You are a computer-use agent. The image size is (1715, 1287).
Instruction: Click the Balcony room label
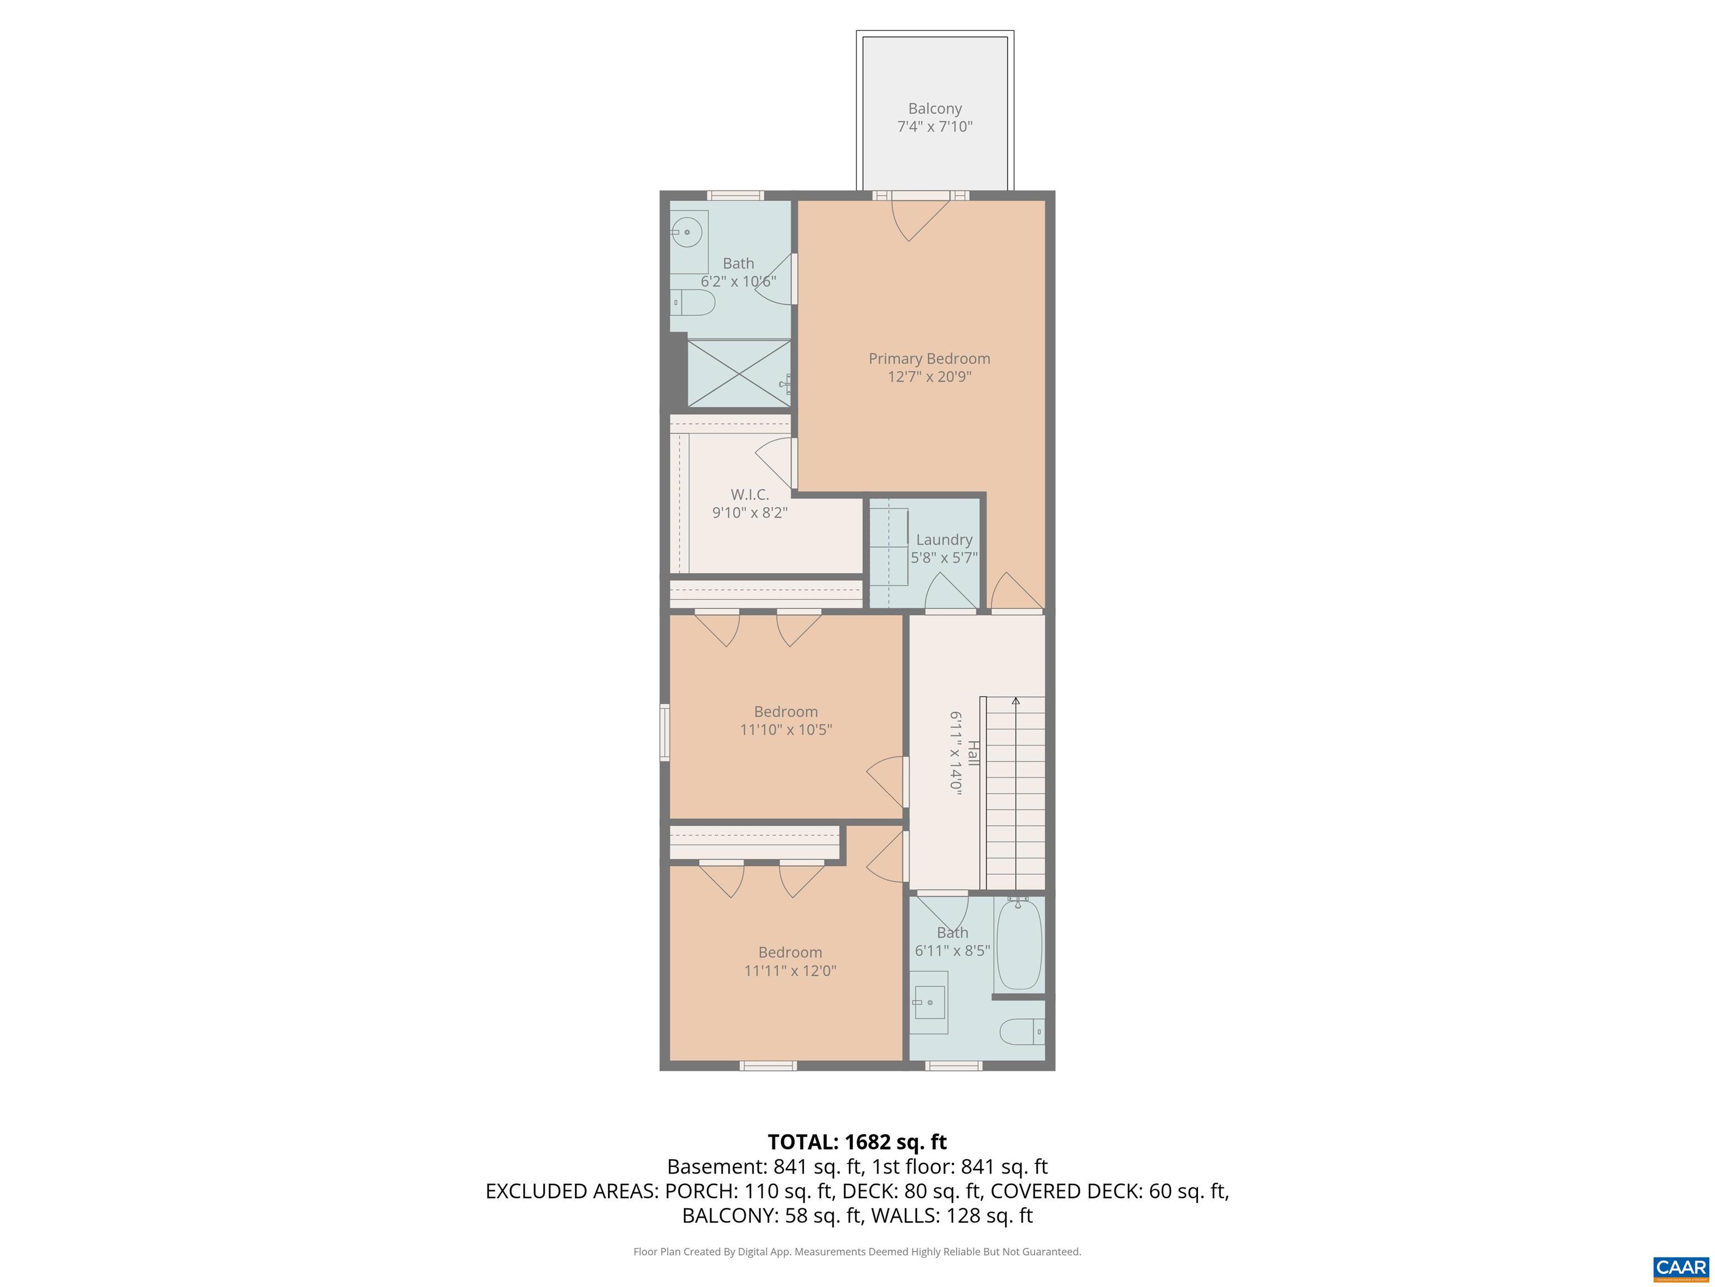tap(935, 108)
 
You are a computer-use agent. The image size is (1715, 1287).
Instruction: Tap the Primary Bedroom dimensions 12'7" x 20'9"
tap(929, 377)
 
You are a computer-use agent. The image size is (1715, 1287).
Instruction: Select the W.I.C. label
tap(750, 494)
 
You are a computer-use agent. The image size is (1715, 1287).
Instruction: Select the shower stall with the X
tap(739, 373)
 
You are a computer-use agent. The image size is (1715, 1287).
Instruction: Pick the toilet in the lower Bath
tap(1022, 1032)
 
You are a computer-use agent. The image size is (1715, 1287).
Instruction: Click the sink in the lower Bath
tap(929, 1002)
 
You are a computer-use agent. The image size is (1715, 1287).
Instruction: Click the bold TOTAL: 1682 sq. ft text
tap(857, 1142)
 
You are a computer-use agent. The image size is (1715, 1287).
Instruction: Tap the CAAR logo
tap(1681, 1267)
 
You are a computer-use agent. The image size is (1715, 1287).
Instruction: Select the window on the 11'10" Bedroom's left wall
tap(664, 732)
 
